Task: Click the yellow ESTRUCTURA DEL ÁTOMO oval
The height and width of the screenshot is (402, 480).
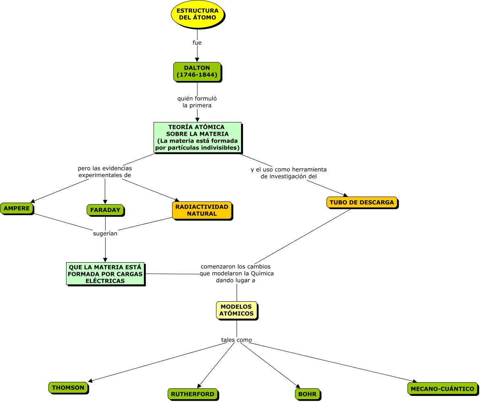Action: (197, 15)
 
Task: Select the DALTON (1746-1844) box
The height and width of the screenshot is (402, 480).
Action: (197, 72)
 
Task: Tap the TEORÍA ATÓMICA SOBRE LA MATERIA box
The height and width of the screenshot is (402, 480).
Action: (197, 137)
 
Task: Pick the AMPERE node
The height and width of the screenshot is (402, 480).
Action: (17, 208)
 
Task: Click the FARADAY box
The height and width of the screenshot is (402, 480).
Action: (105, 210)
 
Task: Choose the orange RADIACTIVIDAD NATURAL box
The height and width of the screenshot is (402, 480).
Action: (202, 210)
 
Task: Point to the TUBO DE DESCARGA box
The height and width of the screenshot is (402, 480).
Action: (362, 202)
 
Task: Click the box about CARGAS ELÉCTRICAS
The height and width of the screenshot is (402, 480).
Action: (105, 274)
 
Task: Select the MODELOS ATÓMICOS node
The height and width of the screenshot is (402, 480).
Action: (237, 310)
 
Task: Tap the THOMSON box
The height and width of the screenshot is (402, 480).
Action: (68, 387)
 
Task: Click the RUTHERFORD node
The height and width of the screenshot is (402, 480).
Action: (193, 394)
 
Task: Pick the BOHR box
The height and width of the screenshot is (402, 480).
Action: (308, 394)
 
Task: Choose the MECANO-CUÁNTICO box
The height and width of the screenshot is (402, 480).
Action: (442, 389)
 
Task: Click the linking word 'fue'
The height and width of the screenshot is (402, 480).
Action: (197, 43)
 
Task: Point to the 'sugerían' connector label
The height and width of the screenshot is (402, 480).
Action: (105, 233)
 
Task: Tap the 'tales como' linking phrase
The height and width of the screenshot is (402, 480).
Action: (237, 340)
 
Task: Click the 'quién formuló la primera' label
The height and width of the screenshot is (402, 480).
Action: (197, 102)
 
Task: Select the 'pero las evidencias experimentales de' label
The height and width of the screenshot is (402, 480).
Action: (105, 172)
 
